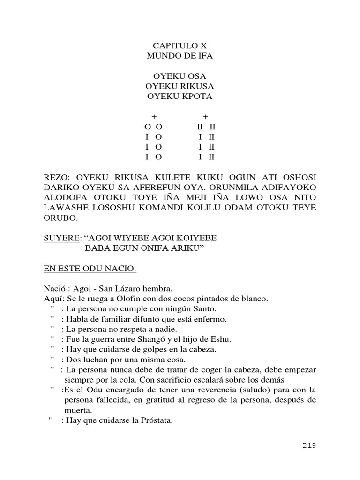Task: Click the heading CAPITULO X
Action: [x=180, y=45]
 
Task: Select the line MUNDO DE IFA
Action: [x=180, y=56]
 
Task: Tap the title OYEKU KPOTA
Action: [x=180, y=97]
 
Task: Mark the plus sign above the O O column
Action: [x=154, y=116]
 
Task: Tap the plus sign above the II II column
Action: [x=205, y=116]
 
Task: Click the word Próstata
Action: [x=157, y=420]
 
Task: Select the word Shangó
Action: [x=169, y=339]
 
